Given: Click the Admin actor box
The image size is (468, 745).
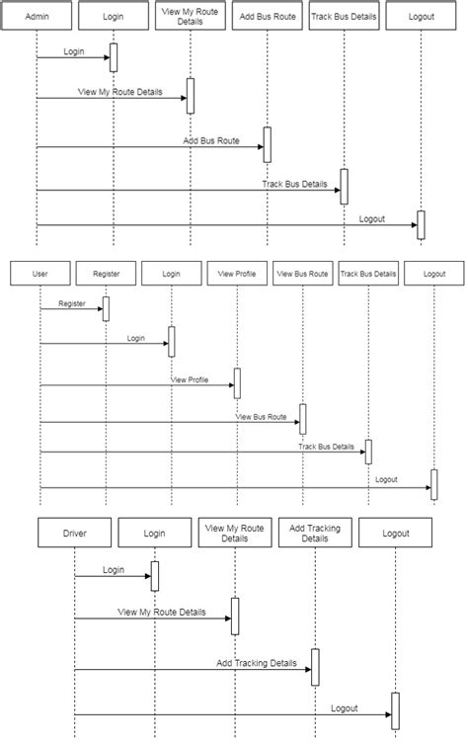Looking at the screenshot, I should [37, 18].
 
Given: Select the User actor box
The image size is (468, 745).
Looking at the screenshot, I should [40, 274].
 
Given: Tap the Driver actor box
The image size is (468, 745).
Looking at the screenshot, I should [74, 533].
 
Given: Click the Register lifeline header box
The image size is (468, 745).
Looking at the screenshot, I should [106, 274].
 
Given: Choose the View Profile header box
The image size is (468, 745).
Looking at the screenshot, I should [236, 274].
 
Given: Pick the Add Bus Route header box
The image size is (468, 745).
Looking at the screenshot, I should [266, 18].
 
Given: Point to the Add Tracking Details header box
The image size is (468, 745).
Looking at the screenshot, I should [315, 533].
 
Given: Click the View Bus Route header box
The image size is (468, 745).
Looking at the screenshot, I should [302, 274].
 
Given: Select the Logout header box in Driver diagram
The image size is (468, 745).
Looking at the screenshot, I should [395, 533].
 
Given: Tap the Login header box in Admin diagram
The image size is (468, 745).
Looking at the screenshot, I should [113, 18].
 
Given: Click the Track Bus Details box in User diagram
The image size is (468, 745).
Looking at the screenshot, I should [367, 274].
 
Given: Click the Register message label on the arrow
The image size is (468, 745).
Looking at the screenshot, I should [72, 303].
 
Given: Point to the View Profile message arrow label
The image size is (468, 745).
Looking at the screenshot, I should [191, 378].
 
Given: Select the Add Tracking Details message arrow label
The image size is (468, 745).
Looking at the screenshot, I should [256, 663].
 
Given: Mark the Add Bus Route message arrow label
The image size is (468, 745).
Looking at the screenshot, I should [210, 141].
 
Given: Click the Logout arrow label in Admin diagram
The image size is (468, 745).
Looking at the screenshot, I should [372, 218].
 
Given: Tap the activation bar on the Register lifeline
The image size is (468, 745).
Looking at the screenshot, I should [106, 309].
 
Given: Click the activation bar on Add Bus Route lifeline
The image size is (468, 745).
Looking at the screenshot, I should [266, 144].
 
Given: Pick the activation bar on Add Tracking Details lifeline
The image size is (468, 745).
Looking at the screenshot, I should [315, 667].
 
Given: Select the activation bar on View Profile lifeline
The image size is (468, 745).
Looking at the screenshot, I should [236, 383].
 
